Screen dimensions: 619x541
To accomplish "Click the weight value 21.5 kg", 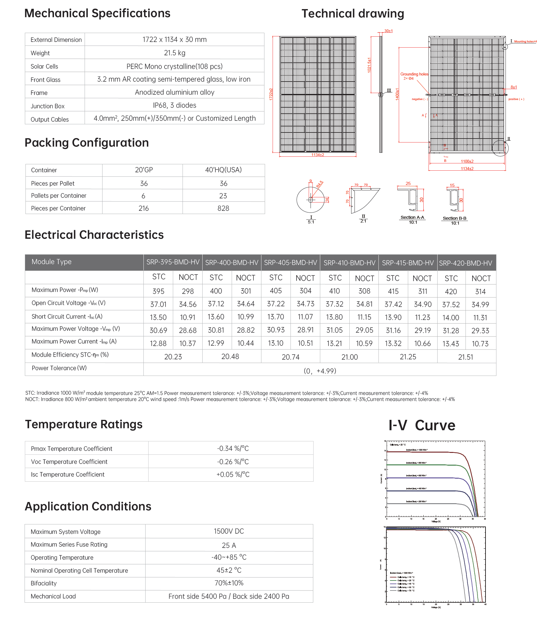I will pos(174,53).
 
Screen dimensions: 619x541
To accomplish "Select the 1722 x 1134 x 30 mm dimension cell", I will pos(174,40).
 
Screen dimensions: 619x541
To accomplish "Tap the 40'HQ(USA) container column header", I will pos(223,170).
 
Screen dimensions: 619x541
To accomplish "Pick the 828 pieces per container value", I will pos(223,208).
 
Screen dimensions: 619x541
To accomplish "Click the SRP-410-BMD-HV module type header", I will pos(349,263).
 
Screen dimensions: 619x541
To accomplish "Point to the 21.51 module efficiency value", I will pos(465,357).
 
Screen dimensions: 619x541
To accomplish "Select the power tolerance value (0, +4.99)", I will pos(320,371).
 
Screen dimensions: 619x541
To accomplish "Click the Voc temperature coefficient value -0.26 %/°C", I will pos(233,462).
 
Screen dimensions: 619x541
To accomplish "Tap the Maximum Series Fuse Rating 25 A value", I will pos(229,545).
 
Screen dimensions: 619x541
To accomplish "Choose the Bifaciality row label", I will pos(44,583).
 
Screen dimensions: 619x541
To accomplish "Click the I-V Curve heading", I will pos(422,425).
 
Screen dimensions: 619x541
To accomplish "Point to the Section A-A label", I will pos(412,217).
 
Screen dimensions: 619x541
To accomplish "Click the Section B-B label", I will pos(454,218).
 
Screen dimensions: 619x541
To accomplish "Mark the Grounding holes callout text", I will pos(414,74).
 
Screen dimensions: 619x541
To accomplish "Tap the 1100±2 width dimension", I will pos(467,161).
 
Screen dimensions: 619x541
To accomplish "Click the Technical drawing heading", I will pos(353,14).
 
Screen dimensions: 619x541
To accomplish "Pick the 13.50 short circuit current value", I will pos(158,317).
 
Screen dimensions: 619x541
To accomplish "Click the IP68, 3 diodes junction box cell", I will pos(174,105).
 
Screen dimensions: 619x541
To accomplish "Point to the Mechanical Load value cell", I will pos(229,596).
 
